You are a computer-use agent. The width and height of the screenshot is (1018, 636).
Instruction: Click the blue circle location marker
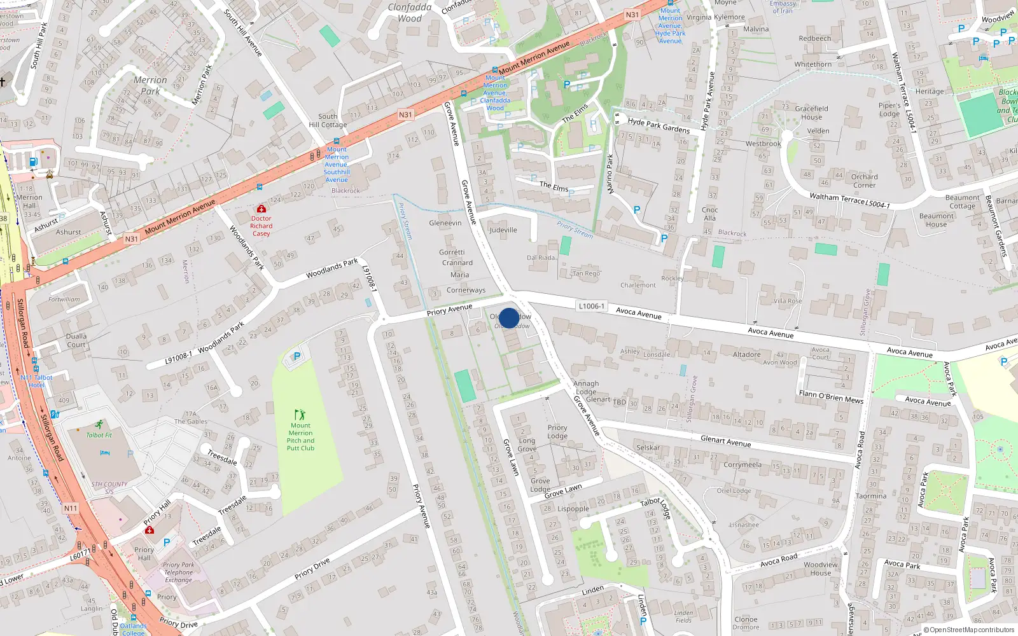click(x=509, y=318)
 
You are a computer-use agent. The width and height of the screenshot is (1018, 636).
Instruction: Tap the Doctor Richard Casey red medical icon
click(x=261, y=209)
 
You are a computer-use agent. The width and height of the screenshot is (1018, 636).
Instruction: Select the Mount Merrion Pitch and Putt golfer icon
click(x=300, y=415)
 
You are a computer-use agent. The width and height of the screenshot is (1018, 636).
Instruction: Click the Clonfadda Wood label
click(x=410, y=13)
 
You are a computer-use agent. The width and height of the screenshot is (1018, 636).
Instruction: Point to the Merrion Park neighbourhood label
click(x=150, y=85)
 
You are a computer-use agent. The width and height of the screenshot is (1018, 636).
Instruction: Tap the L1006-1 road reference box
click(x=591, y=306)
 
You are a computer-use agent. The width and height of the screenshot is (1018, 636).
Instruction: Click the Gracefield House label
click(x=811, y=113)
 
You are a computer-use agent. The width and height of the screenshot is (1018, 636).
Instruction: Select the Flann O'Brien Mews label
click(x=831, y=397)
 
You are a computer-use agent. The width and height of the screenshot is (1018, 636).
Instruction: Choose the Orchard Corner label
click(x=864, y=181)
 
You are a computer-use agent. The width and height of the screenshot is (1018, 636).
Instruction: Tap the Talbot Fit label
click(x=99, y=435)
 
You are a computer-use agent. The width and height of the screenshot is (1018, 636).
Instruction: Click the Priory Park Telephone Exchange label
click(x=178, y=572)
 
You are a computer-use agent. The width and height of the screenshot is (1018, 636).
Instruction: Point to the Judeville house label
click(x=503, y=230)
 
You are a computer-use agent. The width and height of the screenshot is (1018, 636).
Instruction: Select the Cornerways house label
click(x=466, y=290)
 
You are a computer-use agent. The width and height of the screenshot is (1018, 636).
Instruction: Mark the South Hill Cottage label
click(x=328, y=120)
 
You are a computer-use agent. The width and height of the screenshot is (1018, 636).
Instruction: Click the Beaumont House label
click(x=936, y=220)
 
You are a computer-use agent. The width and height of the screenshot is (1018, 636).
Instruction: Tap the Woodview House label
click(x=820, y=569)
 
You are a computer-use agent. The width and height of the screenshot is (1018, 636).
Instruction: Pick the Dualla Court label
click(x=76, y=340)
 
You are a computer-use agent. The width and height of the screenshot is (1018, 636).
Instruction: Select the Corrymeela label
click(x=742, y=464)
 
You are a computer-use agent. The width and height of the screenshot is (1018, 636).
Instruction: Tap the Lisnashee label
click(x=744, y=525)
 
